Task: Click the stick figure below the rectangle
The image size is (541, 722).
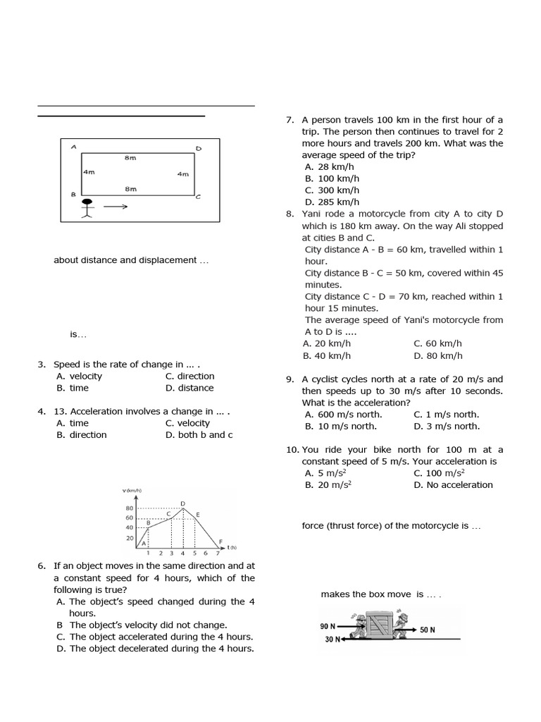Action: [x=87, y=208]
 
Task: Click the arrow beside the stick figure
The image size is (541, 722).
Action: [x=116, y=207]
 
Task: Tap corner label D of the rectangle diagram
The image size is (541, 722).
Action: [x=198, y=149]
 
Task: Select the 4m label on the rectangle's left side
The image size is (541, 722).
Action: [x=89, y=171]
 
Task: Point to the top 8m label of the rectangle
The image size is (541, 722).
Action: [x=130, y=158]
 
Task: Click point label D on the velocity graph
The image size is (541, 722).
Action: [x=183, y=503]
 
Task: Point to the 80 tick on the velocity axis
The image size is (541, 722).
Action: [x=130, y=508]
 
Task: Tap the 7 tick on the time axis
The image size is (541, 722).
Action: [x=217, y=553]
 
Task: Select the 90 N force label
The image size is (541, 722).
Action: [x=328, y=626]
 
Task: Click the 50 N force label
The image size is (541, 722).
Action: [x=428, y=630]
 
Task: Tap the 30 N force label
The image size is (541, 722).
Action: [x=332, y=640]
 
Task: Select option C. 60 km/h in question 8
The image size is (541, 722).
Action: [x=437, y=343]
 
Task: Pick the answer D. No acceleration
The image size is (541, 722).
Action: [x=453, y=484]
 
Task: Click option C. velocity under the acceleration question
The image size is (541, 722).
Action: [x=187, y=423]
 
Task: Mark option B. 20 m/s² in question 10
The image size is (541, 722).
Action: [x=328, y=484]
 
